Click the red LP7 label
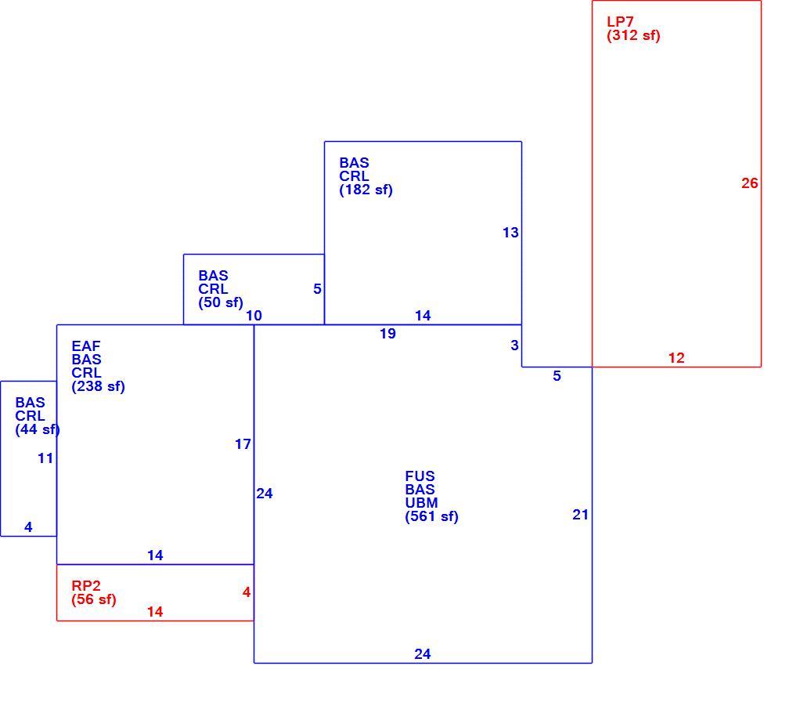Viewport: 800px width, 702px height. tap(620, 22)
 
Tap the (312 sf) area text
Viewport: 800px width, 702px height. tap(633, 36)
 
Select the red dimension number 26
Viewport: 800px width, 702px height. tap(749, 183)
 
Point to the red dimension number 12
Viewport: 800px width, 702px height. tap(676, 358)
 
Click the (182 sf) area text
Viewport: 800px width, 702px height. tap(366, 190)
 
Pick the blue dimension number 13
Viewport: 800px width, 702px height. tap(510, 233)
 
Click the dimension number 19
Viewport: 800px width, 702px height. tap(387, 334)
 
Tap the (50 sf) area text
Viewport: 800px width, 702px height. tap(221, 302)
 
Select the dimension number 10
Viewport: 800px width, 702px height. tap(254, 316)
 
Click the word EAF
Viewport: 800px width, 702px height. tap(86, 346)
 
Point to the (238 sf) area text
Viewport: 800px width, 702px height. tap(98, 386)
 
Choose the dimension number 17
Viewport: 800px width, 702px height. tap(243, 445)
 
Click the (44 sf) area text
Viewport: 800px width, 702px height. tap(38, 430)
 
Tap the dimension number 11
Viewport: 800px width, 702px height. tap(45, 458)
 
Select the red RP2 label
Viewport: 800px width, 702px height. tap(86, 586)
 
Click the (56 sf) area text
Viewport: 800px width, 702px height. tap(94, 599)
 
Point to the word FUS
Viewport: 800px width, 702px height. tap(420, 476)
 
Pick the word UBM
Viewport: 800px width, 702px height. tap(421, 503)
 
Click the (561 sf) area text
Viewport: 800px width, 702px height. tap(431, 516)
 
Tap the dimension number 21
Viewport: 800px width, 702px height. tap(580, 516)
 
